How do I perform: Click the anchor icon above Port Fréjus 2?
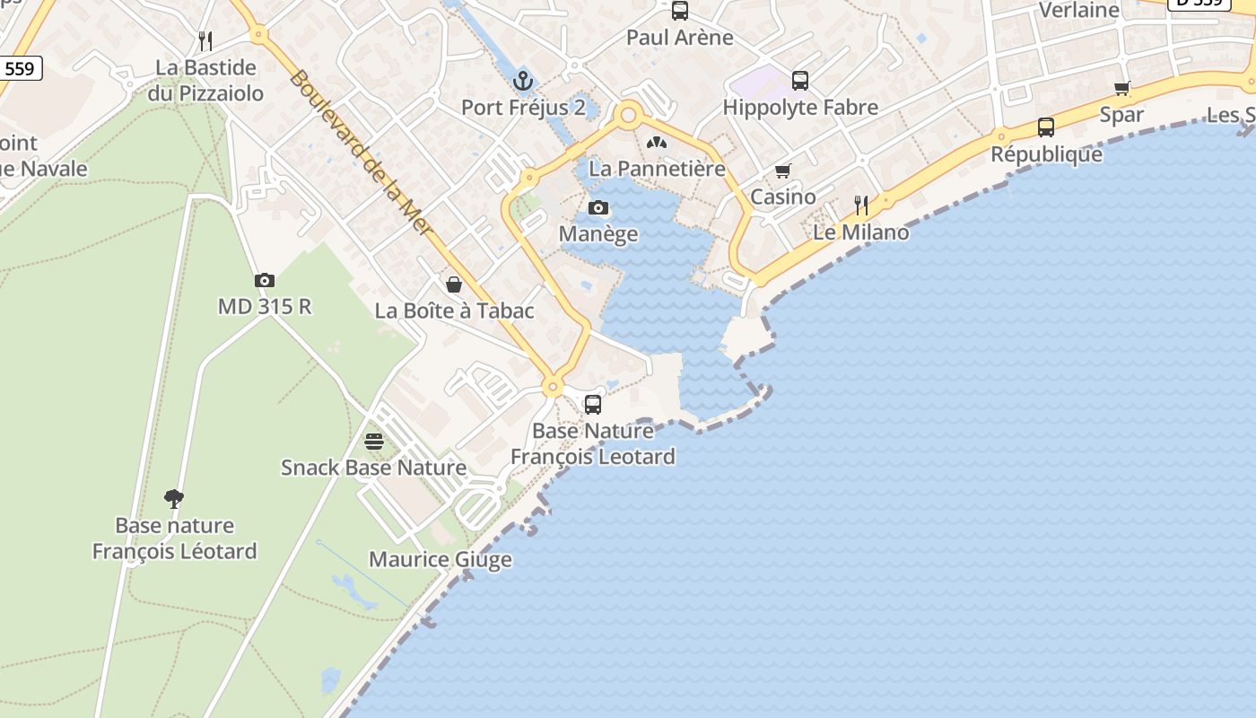point(523,82)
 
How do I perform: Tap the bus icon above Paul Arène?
point(680,11)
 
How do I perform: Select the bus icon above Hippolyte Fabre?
point(800,81)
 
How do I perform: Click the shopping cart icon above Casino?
point(783,171)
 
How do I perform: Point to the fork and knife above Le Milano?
point(861,206)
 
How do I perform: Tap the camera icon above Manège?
point(598,208)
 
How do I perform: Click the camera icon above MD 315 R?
point(264,280)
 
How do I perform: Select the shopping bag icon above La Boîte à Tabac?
point(454,285)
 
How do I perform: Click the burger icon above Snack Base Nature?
point(374,441)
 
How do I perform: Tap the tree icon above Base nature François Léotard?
point(174,498)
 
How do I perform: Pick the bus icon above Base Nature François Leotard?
point(593,404)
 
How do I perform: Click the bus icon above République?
point(1046,127)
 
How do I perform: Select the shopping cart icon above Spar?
point(1122,88)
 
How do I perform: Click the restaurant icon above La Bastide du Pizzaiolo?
point(205,40)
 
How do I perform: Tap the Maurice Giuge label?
point(440,559)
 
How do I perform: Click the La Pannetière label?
point(657,168)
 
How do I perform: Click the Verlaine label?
point(1078,11)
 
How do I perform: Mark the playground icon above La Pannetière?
point(658,142)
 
